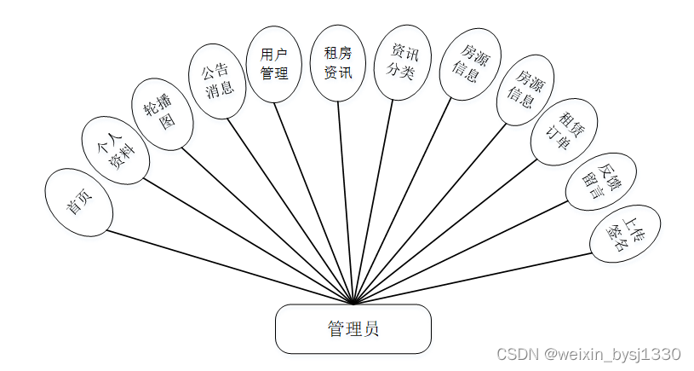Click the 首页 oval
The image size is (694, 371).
[x=79, y=202]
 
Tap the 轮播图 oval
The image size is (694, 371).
[x=163, y=113]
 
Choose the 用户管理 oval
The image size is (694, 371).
[x=274, y=64]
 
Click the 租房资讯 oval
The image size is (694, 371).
[x=338, y=62]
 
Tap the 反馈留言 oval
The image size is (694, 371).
[x=599, y=181]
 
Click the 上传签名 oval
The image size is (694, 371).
[x=625, y=233]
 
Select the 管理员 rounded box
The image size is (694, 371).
[x=353, y=329]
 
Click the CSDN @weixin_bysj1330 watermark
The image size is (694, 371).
[x=588, y=354]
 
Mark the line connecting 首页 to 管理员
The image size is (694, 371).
[x=230, y=266]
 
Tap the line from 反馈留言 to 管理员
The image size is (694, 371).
[x=460, y=252]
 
